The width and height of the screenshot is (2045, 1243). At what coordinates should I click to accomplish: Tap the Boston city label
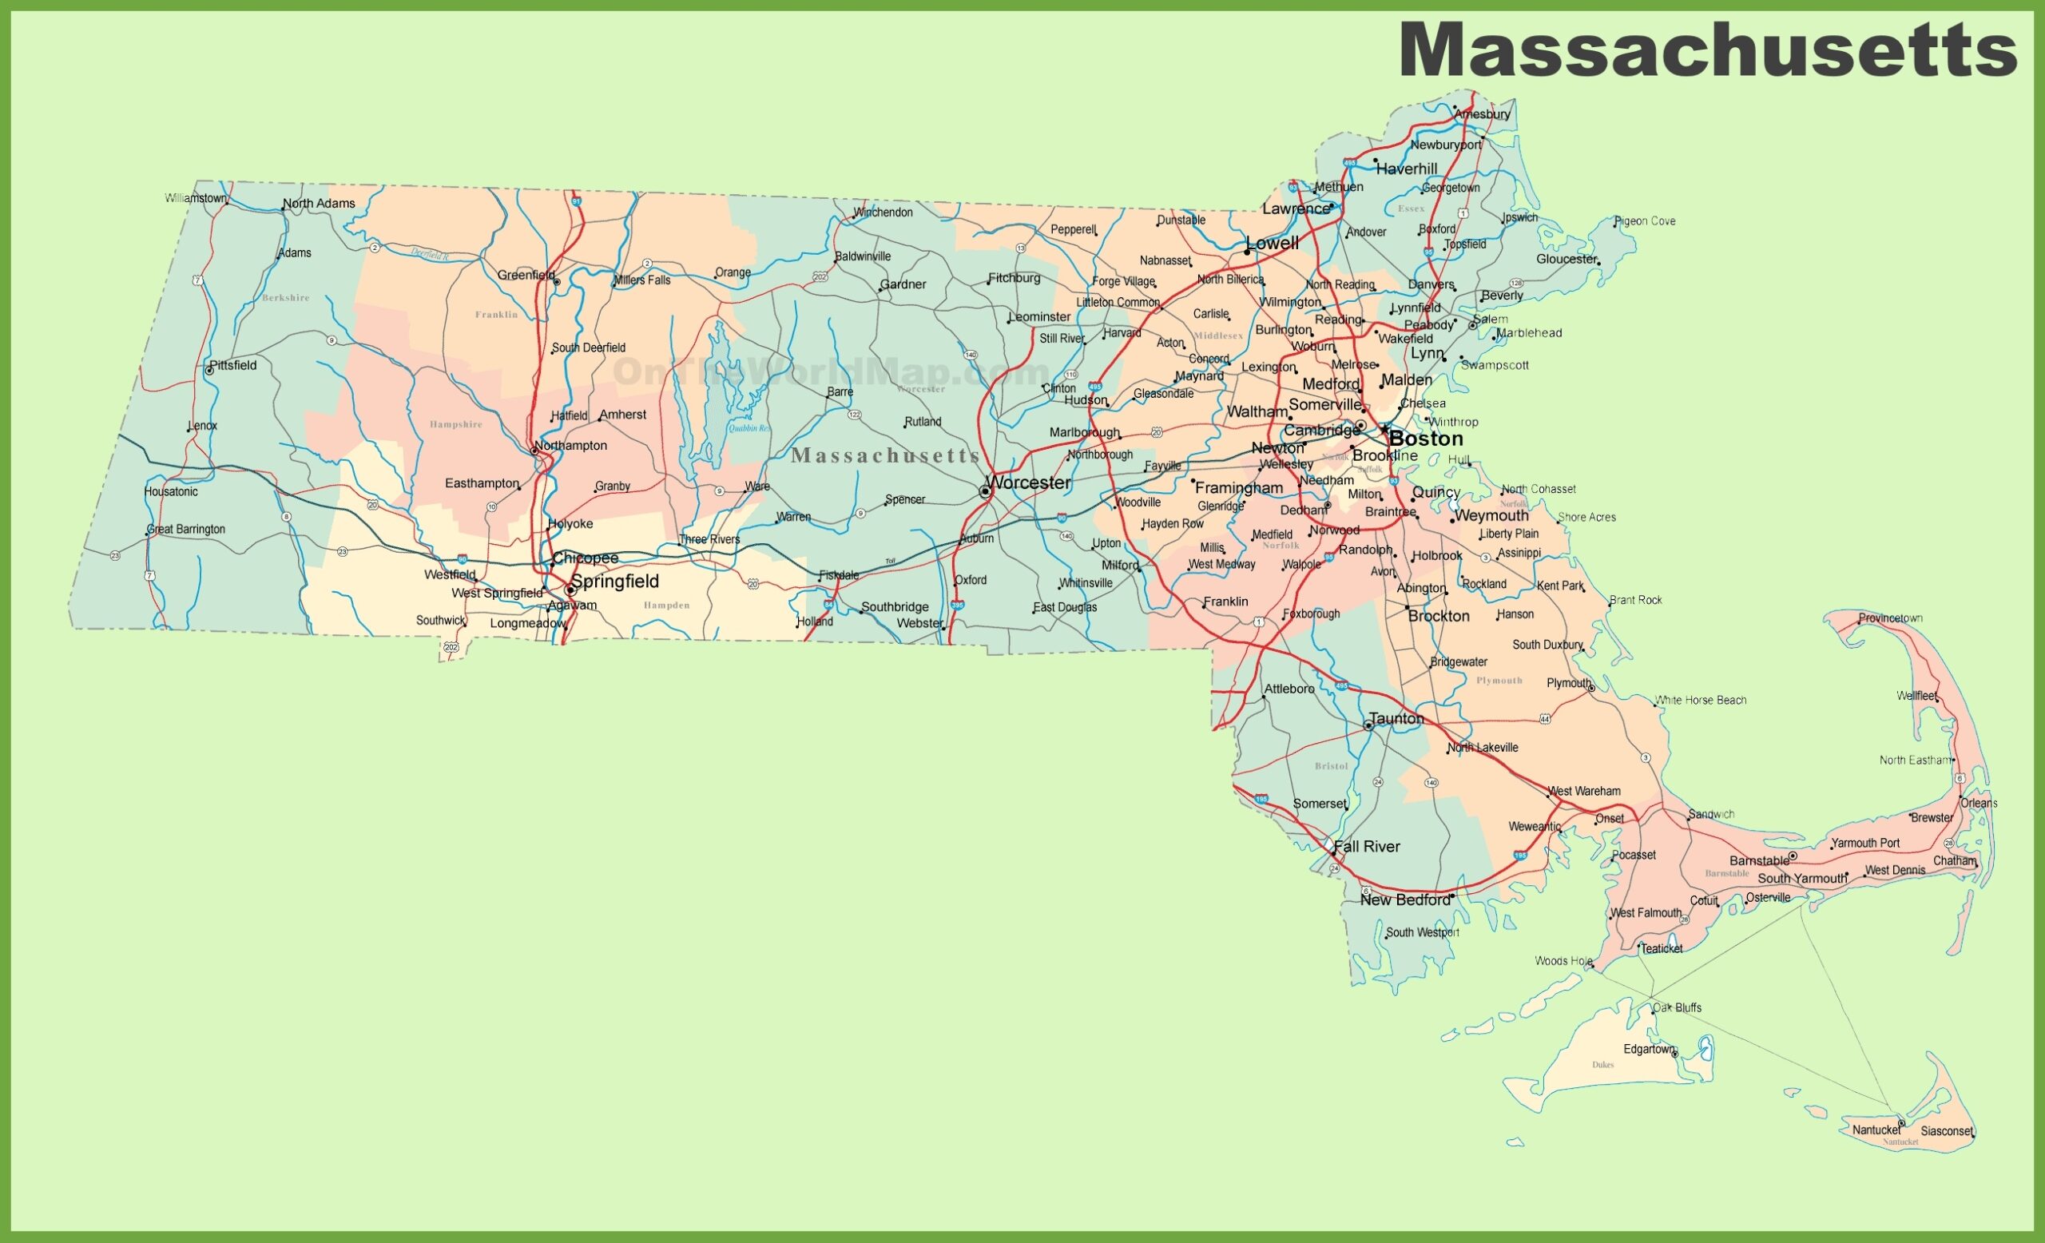1426,439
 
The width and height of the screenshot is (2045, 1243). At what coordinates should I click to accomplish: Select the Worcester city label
1029,482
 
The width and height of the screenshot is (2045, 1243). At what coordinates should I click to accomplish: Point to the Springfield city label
615,581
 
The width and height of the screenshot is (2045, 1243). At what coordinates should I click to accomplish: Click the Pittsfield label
233,365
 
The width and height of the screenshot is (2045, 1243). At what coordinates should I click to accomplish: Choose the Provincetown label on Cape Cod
1891,618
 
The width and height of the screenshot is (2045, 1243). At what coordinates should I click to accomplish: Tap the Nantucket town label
1876,1130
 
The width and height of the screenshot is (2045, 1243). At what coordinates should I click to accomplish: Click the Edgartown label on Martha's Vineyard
1649,1049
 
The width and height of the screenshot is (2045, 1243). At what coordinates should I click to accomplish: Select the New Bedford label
1405,899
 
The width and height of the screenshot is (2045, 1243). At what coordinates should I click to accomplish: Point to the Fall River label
1367,846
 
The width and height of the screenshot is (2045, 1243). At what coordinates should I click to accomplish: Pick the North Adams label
319,203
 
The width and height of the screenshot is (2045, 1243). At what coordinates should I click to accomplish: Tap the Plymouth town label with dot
1569,683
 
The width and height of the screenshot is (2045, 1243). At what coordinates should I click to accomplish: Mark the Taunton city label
1396,719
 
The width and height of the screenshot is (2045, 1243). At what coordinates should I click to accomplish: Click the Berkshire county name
285,298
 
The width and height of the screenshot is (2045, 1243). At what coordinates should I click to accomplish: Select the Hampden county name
666,606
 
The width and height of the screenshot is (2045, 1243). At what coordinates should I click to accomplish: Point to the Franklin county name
496,315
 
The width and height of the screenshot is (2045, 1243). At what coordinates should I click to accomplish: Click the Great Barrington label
187,530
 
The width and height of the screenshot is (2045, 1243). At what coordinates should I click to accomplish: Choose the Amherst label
622,414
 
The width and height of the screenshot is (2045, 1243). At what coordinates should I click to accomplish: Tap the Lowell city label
1273,243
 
